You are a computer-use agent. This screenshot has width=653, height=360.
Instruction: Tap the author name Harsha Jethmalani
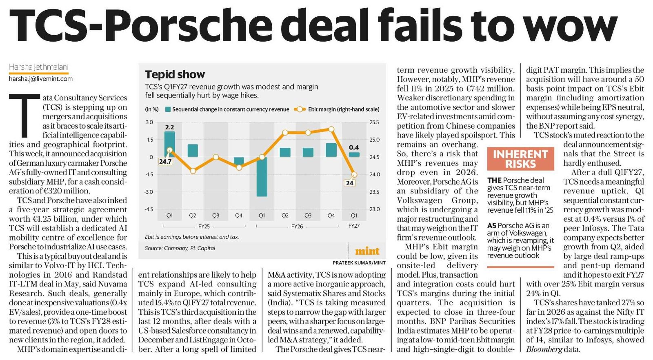38,67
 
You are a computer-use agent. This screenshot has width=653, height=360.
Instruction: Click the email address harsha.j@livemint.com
41,79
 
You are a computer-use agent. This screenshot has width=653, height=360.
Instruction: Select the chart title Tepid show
175,75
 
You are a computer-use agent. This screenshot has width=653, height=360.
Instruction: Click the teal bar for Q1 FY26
262,177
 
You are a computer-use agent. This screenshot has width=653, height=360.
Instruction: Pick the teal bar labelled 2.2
169,144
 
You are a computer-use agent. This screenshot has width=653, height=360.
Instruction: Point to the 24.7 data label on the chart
165,161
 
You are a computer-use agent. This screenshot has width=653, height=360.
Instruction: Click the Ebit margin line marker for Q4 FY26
331,129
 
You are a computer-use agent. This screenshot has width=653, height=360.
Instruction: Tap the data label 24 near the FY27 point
349,183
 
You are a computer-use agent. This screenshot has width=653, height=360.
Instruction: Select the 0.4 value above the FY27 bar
354,147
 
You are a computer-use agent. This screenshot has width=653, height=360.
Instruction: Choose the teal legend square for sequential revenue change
168,110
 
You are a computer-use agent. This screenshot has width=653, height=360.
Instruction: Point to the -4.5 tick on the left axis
149,209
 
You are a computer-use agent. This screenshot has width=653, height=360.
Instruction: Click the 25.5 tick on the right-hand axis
374,122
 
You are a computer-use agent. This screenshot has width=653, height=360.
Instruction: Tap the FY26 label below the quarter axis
297,226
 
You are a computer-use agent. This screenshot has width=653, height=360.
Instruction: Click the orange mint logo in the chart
367,251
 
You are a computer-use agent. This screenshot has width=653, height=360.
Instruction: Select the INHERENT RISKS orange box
520,159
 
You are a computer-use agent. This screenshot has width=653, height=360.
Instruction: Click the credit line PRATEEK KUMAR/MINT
359,263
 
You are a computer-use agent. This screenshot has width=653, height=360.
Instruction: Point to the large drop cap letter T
24,115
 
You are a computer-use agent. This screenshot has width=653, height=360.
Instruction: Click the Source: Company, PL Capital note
180,248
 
